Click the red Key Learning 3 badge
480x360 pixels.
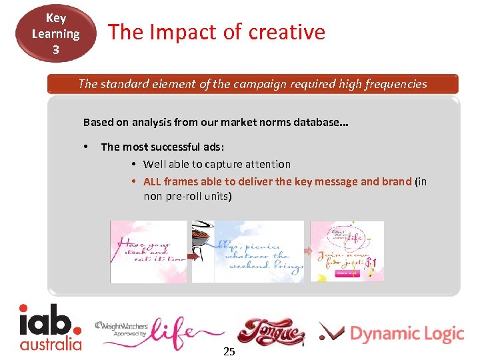click(56, 33)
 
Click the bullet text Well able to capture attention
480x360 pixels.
click(217, 164)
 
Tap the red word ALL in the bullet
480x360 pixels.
click(152, 181)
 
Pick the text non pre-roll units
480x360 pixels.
click(187, 197)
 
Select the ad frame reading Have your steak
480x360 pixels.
click(149, 252)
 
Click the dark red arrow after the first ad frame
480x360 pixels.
click(191, 254)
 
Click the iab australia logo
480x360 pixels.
click(51, 327)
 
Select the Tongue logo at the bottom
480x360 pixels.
click(270, 332)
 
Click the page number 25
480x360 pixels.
click(229, 351)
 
